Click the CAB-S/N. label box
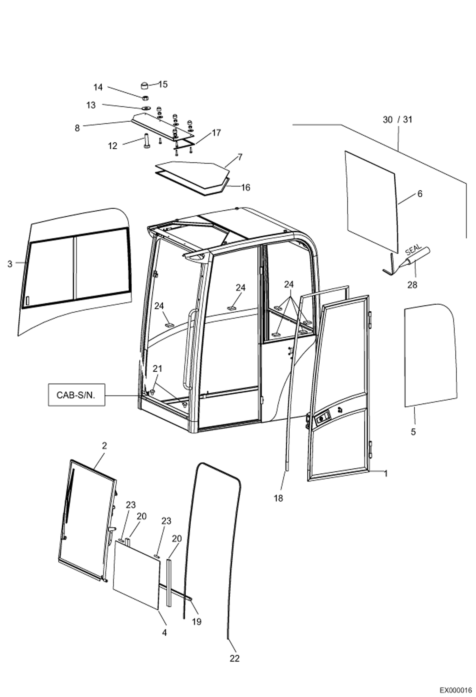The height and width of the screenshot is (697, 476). click(76, 395)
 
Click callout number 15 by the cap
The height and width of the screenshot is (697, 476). click(163, 84)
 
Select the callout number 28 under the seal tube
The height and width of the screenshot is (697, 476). click(412, 285)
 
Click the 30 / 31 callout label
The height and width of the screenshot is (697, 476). click(398, 120)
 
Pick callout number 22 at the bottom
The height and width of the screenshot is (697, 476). click(235, 659)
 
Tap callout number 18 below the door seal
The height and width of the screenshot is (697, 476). click(278, 498)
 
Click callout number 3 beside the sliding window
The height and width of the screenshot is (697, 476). click(10, 264)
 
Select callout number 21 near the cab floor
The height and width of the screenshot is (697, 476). click(157, 369)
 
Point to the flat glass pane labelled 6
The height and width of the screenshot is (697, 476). click(372, 200)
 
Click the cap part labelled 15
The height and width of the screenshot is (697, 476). click(145, 86)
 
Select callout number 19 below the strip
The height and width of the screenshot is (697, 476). click(197, 621)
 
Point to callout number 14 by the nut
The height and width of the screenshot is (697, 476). click(98, 87)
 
